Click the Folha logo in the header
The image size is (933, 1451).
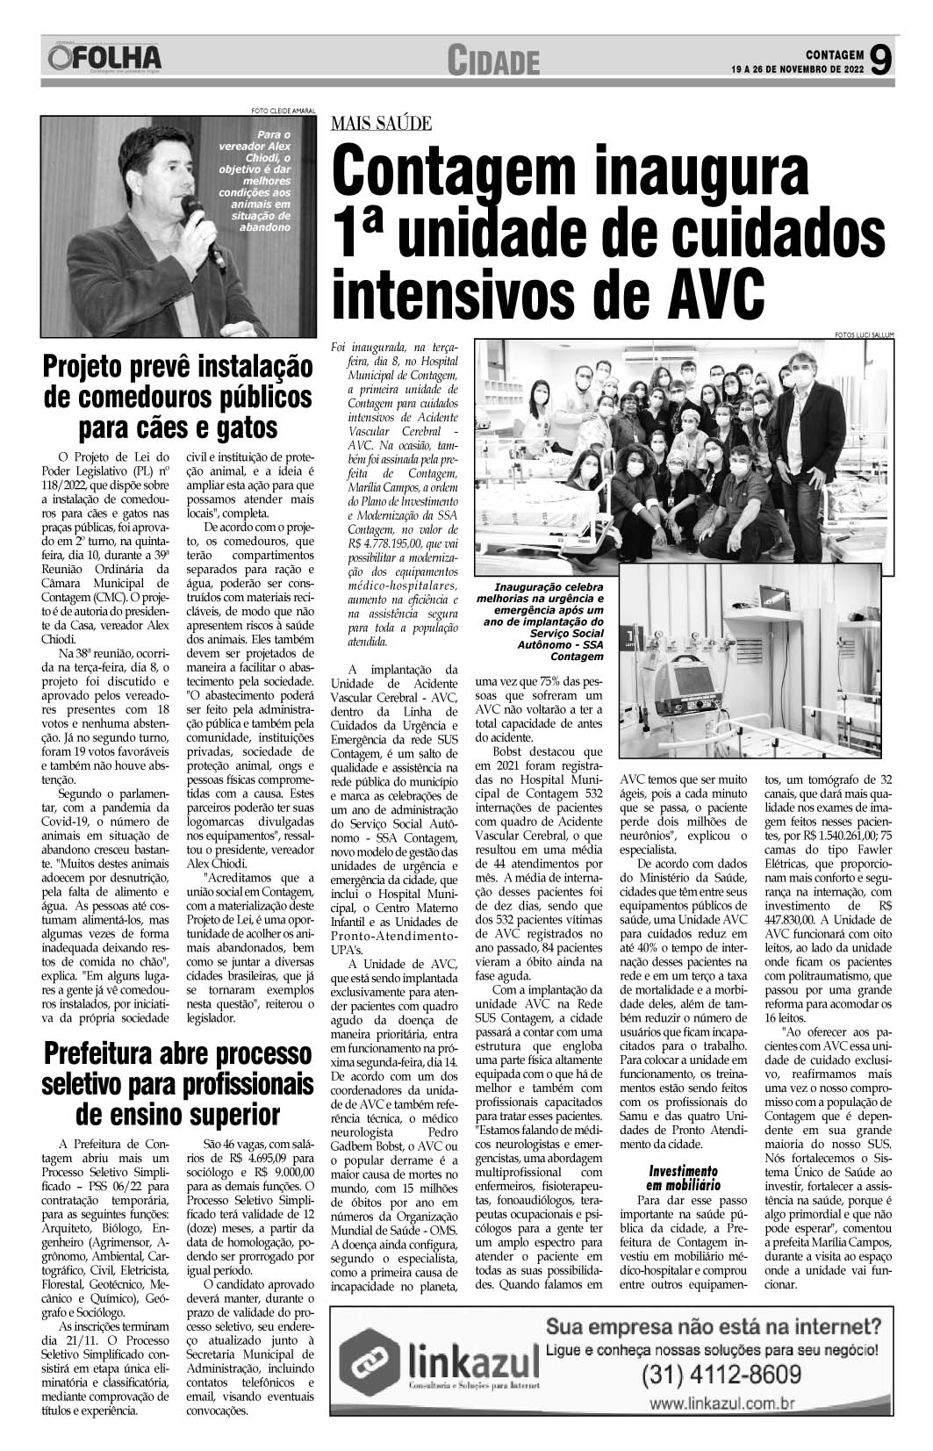click(x=106, y=58)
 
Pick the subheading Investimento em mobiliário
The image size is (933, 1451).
click(x=683, y=1177)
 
